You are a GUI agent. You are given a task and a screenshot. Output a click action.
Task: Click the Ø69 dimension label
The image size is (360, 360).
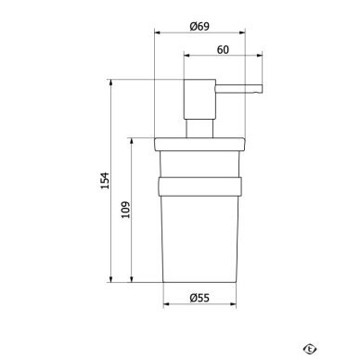pyautogui.click(x=199, y=26)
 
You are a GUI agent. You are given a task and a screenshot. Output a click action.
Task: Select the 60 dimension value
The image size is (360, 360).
pyautogui.click(x=223, y=49)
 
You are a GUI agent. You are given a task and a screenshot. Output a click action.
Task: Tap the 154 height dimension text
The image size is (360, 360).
pyautogui.click(x=105, y=181)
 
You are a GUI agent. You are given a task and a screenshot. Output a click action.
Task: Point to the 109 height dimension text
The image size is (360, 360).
pyautogui.click(x=125, y=210)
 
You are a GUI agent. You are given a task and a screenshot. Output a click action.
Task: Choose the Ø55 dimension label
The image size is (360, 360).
pyautogui.click(x=199, y=298)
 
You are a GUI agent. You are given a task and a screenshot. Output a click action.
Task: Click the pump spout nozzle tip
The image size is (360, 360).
pyautogui.click(x=261, y=89)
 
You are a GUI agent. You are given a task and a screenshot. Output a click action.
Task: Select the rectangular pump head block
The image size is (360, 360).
pyautogui.click(x=199, y=99)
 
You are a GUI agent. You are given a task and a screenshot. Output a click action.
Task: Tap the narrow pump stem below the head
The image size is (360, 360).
pyautogui.click(x=199, y=128)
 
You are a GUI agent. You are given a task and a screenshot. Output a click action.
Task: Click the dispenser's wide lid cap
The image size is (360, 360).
pyautogui.click(x=199, y=145)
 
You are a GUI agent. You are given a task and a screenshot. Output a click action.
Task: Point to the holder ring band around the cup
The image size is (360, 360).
pyautogui.click(x=199, y=186)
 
